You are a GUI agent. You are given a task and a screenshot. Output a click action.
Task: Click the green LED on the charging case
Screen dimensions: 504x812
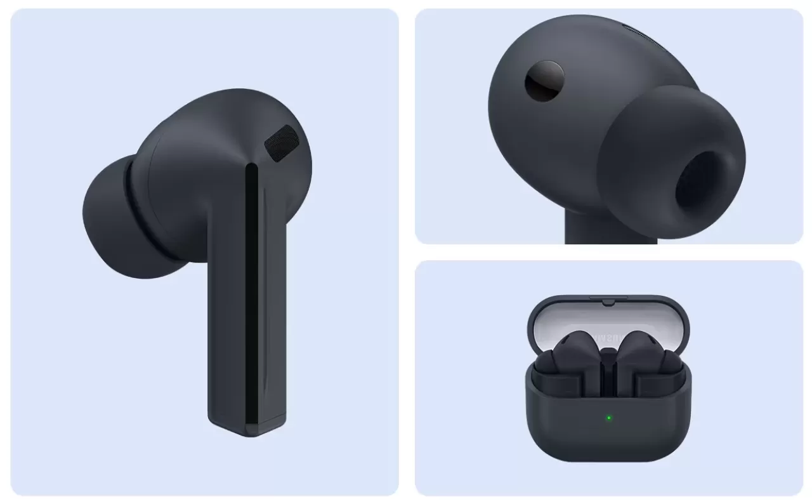(x=608, y=418)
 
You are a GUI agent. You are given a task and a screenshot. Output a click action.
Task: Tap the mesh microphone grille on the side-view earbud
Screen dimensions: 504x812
(x=281, y=142)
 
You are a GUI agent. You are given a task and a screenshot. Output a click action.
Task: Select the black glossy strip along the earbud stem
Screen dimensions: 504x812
(x=252, y=292)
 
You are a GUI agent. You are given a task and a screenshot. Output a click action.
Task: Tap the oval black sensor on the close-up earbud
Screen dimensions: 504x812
(x=545, y=80)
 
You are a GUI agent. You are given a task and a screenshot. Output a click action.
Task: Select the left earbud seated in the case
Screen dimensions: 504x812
(x=568, y=359)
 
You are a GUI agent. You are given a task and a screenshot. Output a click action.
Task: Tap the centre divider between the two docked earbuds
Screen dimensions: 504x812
(x=608, y=368)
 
